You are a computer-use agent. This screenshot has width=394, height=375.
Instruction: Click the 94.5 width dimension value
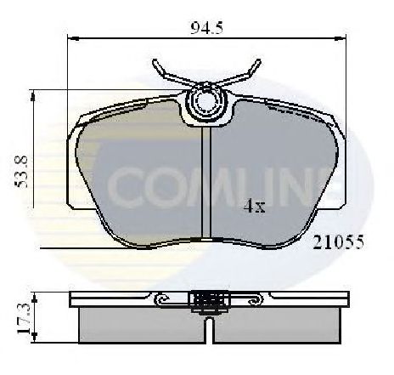coord(206,28)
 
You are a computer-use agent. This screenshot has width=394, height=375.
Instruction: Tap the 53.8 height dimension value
coord(21,172)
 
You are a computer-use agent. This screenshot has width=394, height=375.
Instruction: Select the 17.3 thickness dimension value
coord(23,318)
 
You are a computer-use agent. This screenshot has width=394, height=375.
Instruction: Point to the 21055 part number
coord(338,242)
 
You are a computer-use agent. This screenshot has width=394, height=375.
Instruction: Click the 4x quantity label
coord(254,207)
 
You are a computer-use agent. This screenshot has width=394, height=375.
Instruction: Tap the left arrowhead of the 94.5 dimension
coord(73,38)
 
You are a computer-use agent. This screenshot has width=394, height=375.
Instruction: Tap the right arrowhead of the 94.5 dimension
coord(341,38)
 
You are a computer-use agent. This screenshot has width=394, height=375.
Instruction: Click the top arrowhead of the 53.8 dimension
coord(33,96)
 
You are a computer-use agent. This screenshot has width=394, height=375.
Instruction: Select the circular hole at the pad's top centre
coord(206,102)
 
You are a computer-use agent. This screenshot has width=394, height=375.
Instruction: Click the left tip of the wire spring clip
coord(155,60)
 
